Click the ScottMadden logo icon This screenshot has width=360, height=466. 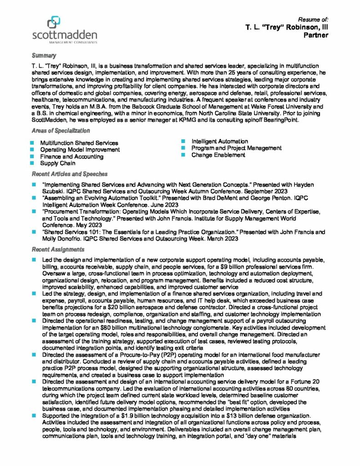coord(54,23)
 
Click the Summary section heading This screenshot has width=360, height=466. coord(43,56)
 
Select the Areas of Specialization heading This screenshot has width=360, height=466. coord(61,131)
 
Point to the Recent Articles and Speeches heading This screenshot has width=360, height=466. coord(69,174)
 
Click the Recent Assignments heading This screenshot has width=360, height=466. coord(58,249)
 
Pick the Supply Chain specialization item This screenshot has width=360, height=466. coord(58,163)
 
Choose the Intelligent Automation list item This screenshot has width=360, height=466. coord(219,142)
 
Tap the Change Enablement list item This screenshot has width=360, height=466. coord(218,155)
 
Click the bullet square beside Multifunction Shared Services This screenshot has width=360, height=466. coord(33,143)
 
